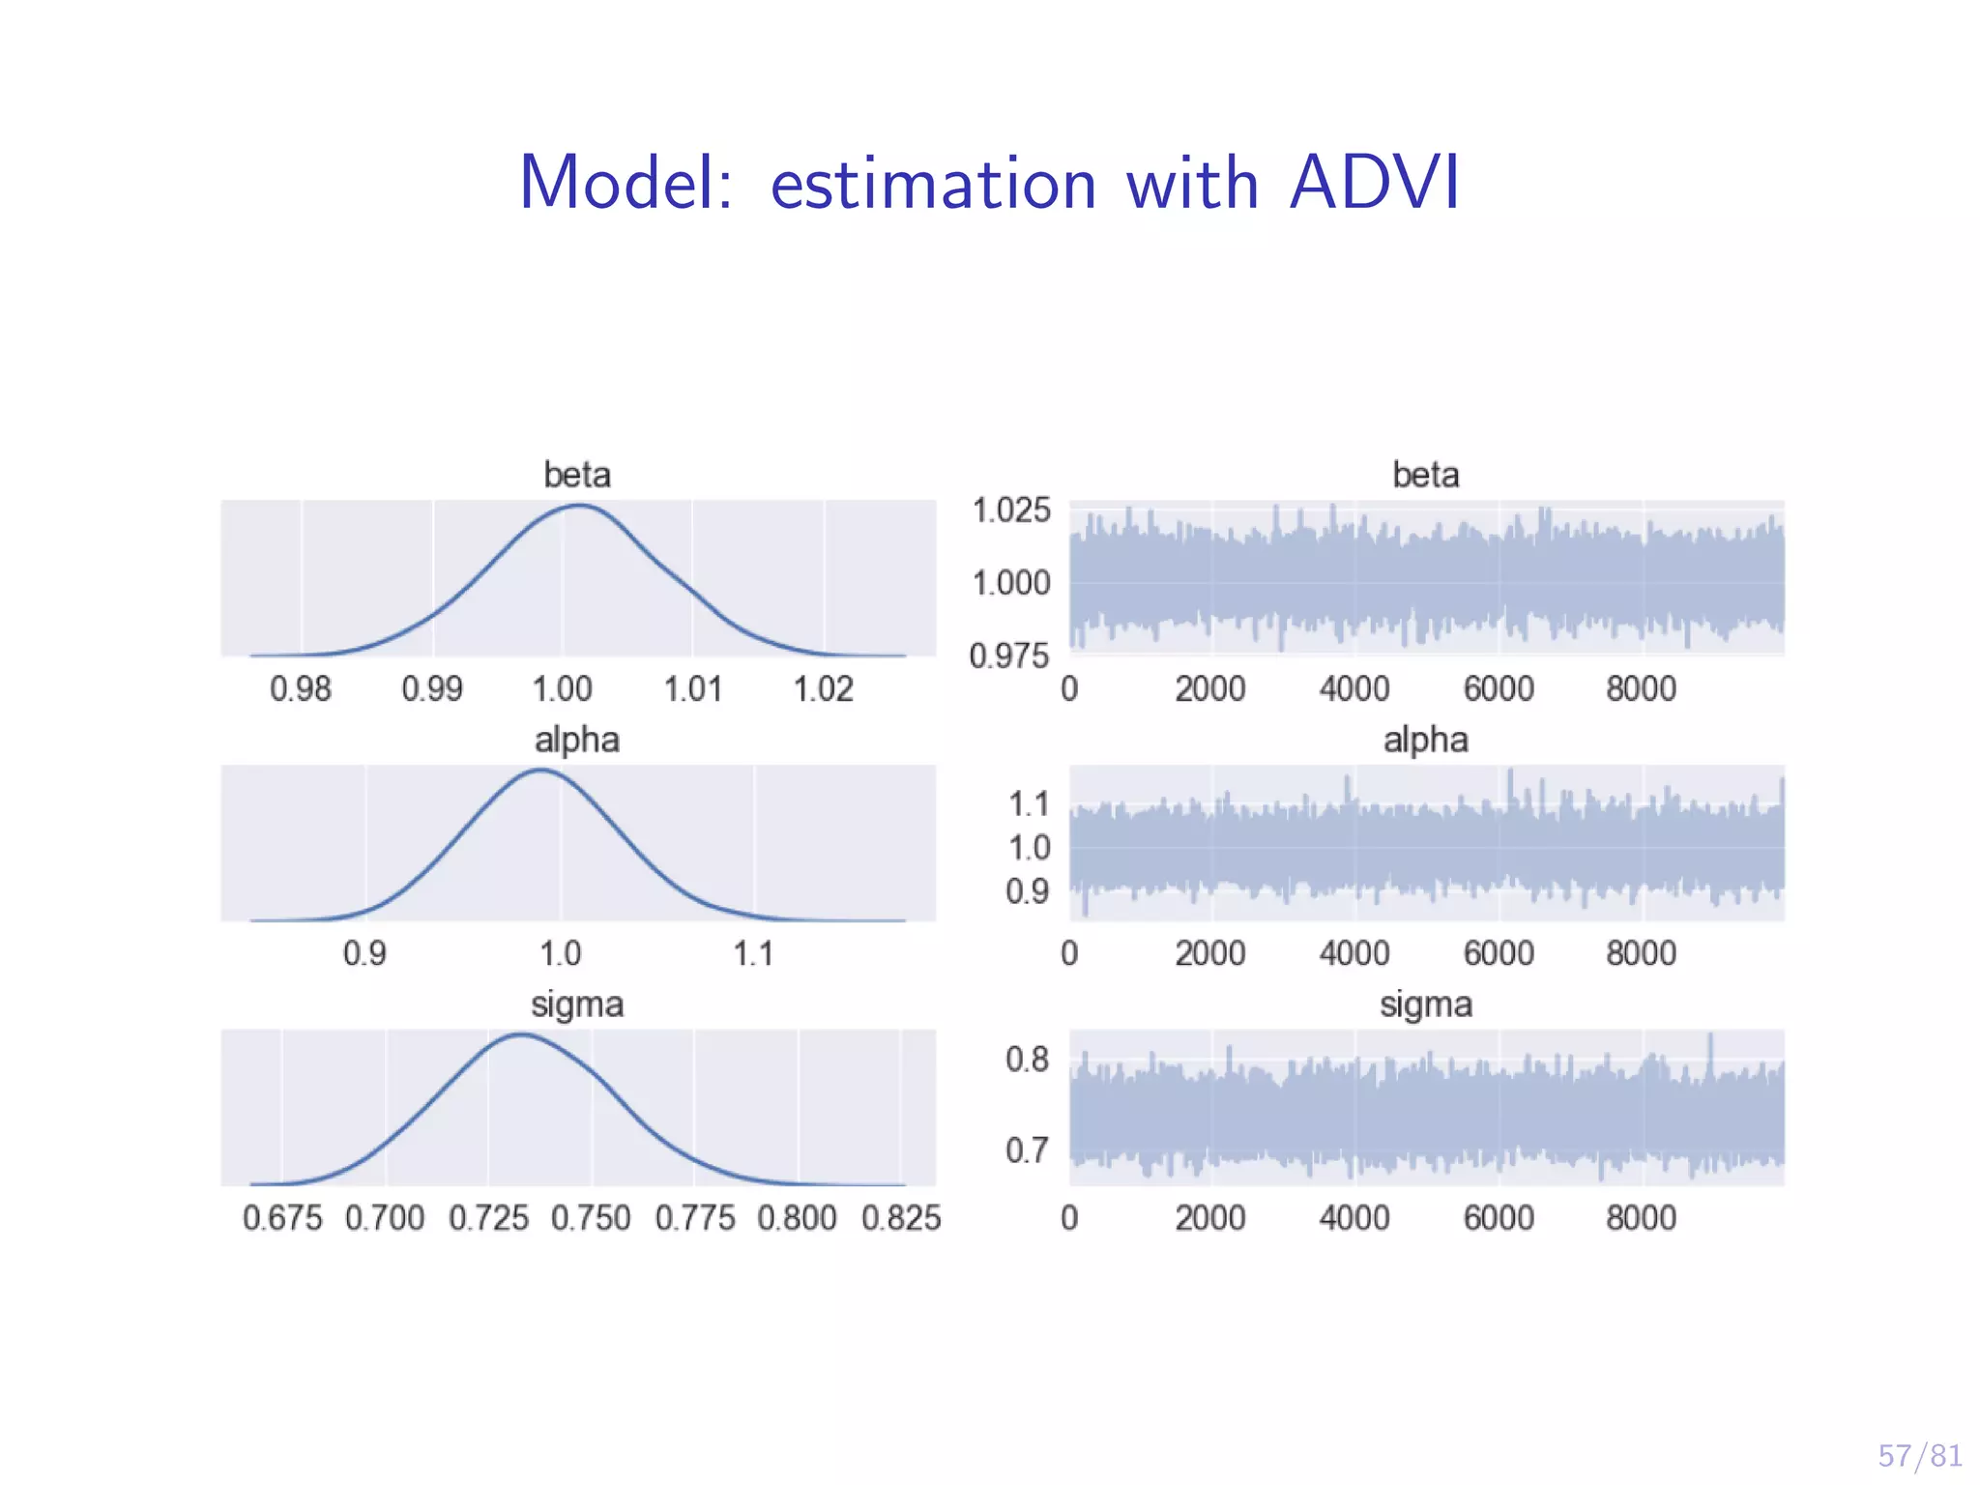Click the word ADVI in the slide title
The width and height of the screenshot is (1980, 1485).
(1374, 183)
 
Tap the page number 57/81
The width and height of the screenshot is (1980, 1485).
(1919, 1455)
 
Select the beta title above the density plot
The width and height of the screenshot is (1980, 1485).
(577, 475)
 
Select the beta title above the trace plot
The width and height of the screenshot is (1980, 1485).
(1426, 475)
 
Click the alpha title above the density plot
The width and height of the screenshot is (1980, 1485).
(577, 740)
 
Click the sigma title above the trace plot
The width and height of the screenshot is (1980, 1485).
(1426, 1005)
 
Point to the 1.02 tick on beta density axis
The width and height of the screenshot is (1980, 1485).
(824, 689)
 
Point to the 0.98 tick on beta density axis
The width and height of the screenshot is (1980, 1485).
(301, 689)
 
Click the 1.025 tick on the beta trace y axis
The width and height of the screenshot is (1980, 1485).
(1011, 510)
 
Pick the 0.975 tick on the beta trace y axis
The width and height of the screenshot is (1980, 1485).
(1009, 656)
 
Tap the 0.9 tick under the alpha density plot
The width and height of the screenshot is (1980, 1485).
(364, 954)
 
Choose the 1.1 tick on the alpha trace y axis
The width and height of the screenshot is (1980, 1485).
(1029, 803)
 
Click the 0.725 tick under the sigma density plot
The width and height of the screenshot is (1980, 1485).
(488, 1218)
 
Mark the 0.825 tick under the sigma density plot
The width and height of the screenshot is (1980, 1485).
(901, 1218)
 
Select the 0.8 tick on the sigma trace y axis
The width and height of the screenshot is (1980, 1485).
(1027, 1060)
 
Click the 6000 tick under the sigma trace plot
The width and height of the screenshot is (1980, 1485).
(1499, 1218)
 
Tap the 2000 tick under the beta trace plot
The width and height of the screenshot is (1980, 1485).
(1210, 689)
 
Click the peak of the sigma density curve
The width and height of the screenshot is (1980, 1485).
(521, 1035)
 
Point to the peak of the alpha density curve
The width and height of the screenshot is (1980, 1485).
(540, 771)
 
